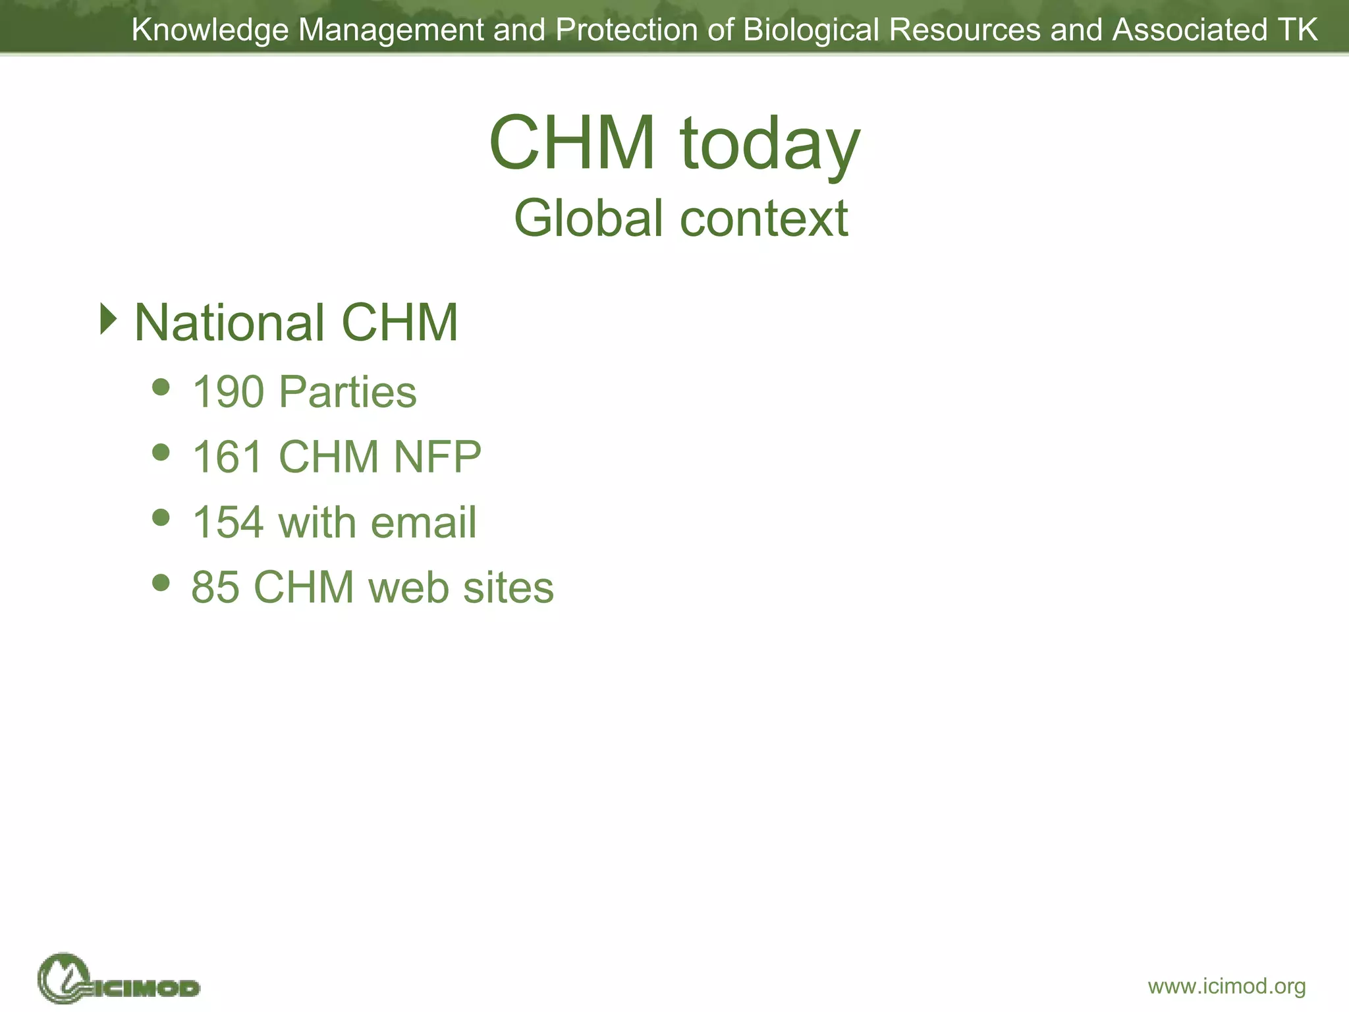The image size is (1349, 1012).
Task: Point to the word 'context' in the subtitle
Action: click(764, 218)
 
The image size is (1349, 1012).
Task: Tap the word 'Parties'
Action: click(347, 391)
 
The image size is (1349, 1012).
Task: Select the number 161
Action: click(228, 456)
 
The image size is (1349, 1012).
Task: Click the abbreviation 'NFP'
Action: click(437, 456)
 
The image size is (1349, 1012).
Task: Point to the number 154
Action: click(228, 522)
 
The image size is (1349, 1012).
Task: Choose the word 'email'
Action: click(423, 522)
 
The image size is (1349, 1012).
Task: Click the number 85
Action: click(215, 586)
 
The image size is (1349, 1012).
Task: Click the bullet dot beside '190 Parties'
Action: click(161, 386)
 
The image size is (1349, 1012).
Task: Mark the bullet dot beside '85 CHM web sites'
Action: click(161, 582)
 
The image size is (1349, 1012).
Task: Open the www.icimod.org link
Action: click(1226, 986)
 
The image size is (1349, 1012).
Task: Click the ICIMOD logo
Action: click(119, 980)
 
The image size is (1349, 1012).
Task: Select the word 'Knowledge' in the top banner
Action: click(210, 30)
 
